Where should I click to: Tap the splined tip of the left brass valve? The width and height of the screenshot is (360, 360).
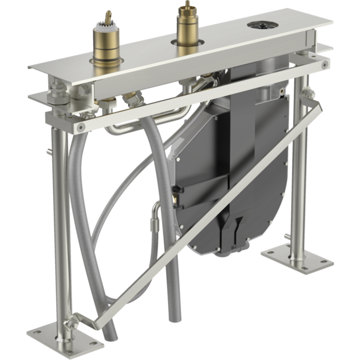tap(108, 17)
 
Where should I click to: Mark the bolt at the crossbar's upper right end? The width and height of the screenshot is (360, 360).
tap(324, 65)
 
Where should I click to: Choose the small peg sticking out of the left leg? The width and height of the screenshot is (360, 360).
tap(48, 152)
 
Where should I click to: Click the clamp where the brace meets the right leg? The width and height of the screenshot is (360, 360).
tap(309, 96)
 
